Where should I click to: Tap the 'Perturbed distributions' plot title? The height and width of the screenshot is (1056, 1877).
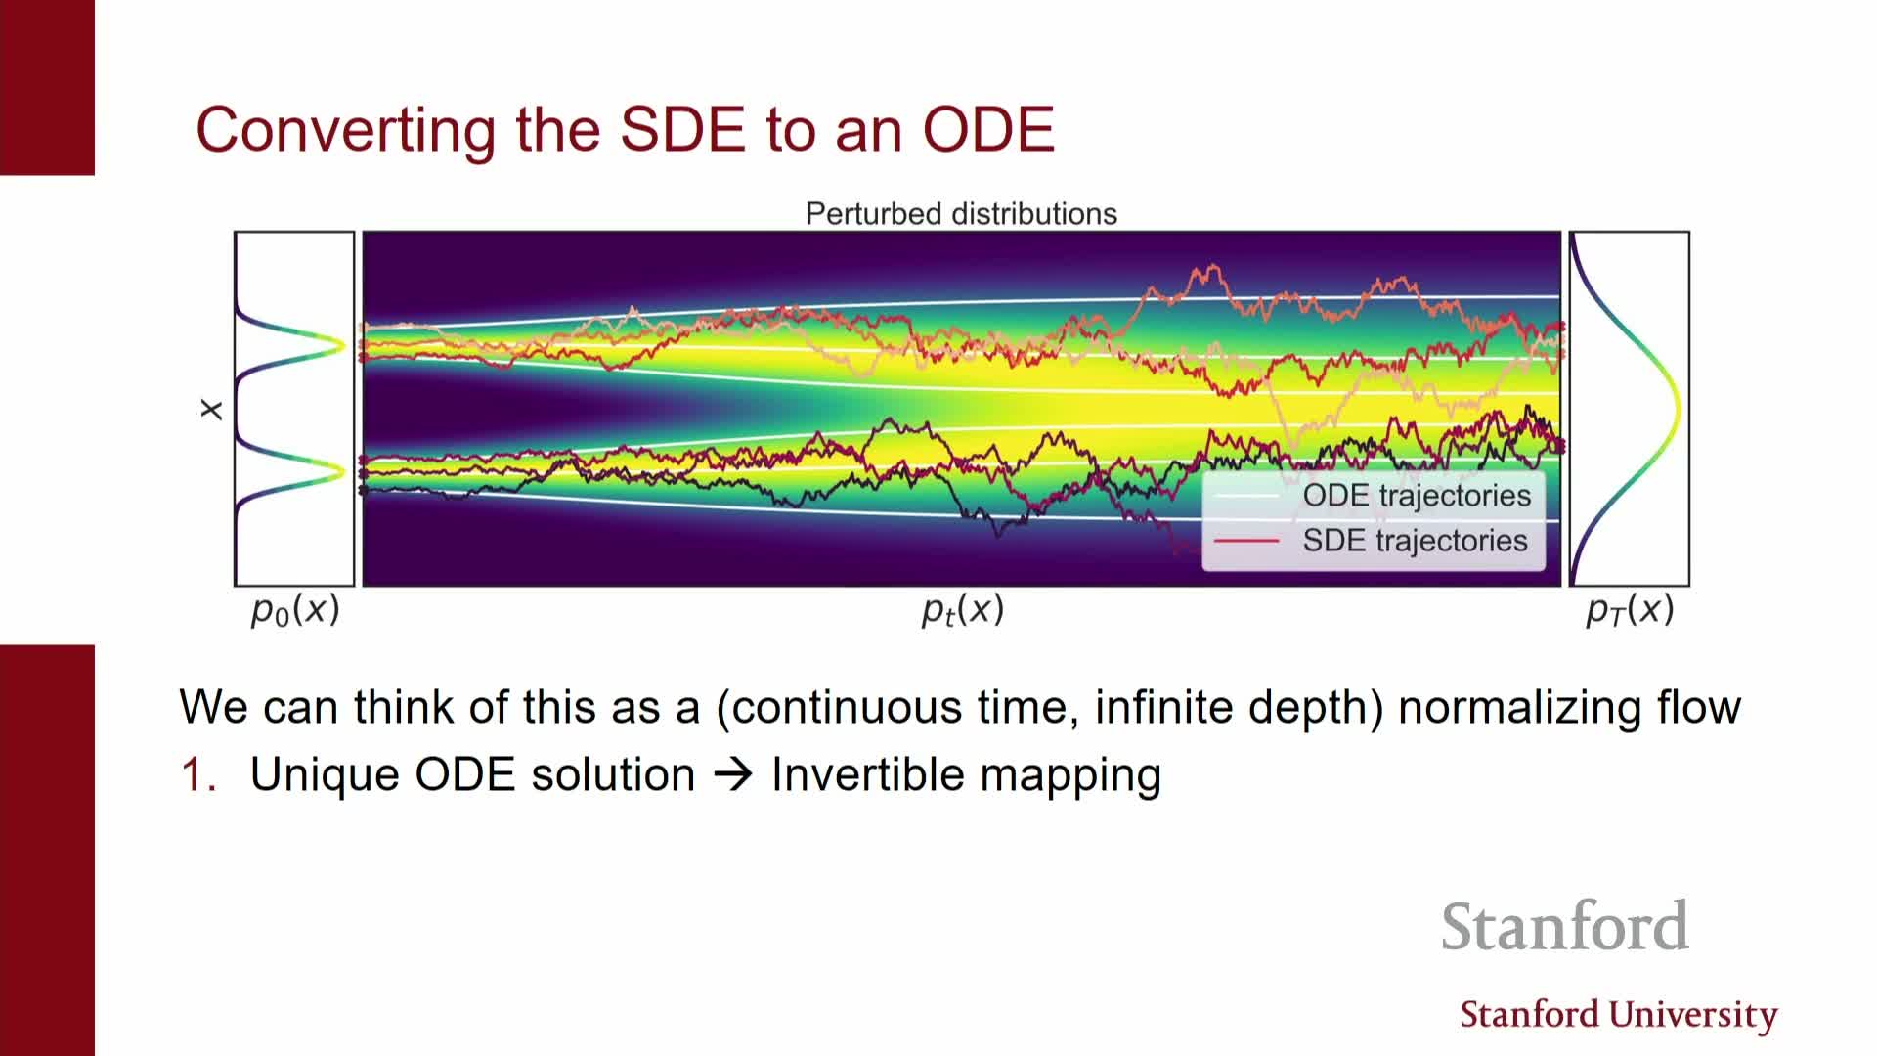pos(961,214)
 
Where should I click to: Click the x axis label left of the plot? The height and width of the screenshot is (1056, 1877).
pos(211,410)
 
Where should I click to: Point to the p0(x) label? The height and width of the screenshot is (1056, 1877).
pos(295,610)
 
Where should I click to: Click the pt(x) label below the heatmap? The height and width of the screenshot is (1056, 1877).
pos(963,610)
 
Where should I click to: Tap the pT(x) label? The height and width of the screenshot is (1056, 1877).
pos(1630,610)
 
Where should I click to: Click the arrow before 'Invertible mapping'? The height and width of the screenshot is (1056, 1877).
pos(733,775)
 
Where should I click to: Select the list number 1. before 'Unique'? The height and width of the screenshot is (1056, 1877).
pos(198,774)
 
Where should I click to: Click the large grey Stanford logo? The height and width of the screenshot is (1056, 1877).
pos(1564,927)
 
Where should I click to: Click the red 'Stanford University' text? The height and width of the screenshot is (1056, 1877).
pos(1619,1015)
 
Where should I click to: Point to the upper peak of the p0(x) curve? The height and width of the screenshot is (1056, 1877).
pos(343,345)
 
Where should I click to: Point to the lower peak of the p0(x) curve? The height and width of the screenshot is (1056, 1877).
pos(343,472)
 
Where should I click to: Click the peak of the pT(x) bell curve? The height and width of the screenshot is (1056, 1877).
pos(1679,410)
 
